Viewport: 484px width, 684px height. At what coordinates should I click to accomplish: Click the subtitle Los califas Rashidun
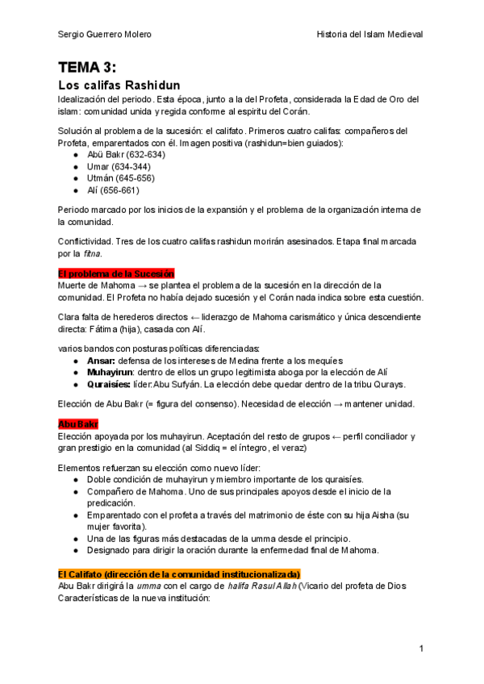pos(119,85)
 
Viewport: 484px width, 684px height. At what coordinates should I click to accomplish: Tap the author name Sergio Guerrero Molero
pos(105,34)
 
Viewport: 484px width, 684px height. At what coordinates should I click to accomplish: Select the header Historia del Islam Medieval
pos(369,34)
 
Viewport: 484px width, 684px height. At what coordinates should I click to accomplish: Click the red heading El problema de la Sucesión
pos(116,273)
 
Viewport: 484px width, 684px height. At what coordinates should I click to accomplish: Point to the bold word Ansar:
pos(102,360)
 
